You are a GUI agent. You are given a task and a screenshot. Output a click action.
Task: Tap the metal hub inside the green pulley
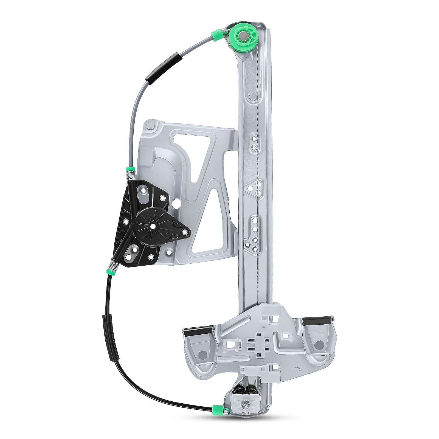[x=243, y=35]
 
